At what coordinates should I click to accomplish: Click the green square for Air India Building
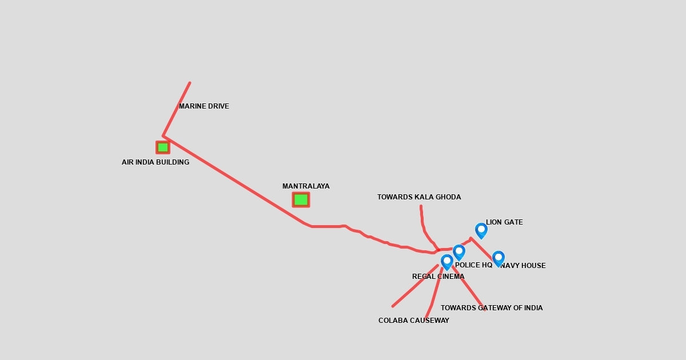[x=163, y=147]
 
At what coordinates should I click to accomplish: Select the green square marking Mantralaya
[x=301, y=199]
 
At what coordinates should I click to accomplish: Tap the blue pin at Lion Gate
[x=481, y=230]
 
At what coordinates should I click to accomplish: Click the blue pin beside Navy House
[x=498, y=258]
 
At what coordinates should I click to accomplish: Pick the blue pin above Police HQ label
[x=459, y=251]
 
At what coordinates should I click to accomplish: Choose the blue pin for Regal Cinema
[x=447, y=261]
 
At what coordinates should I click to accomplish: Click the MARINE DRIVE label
[x=204, y=106]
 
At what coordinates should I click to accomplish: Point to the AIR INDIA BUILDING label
[x=155, y=162]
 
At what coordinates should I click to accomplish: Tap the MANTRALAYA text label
[x=306, y=186]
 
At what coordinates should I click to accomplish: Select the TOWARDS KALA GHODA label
[x=419, y=197]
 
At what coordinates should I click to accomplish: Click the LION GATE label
[x=504, y=222]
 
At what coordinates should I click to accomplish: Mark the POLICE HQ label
[x=473, y=265]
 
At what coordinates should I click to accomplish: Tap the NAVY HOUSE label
[x=523, y=266]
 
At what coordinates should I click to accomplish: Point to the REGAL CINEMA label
[x=438, y=277]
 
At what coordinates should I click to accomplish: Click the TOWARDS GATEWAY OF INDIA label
[x=492, y=308]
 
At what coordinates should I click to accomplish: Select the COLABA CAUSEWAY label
[x=414, y=321]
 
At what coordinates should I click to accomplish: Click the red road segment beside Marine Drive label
[x=177, y=109]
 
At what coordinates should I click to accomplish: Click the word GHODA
[x=448, y=197]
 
